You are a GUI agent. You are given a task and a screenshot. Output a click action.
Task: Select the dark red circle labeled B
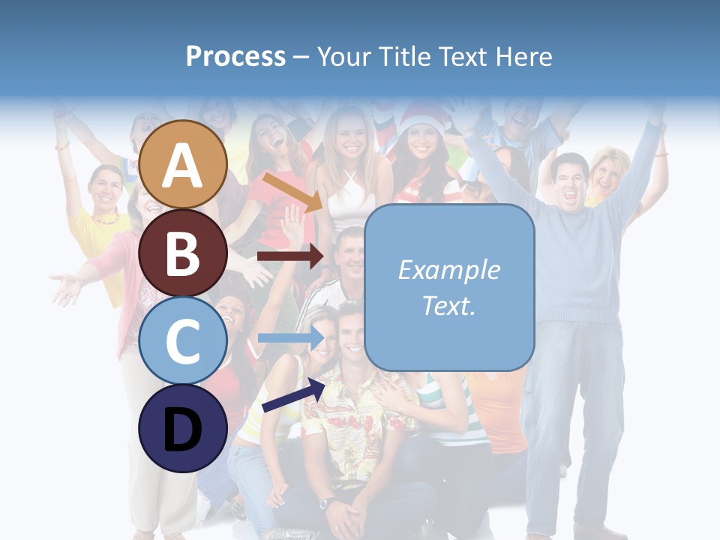[x=183, y=253]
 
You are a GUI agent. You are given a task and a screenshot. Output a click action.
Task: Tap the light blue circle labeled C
[x=183, y=341]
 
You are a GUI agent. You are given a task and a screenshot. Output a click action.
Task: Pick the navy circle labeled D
[x=183, y=429]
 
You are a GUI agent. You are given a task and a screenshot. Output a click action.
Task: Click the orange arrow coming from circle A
[x=292, y=192]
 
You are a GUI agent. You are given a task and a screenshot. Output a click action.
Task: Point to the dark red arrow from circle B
[x=289, y=256]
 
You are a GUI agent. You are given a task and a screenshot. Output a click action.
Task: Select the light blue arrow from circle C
[x=289, y=337]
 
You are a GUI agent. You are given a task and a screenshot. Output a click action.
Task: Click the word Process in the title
[x=235, y=56]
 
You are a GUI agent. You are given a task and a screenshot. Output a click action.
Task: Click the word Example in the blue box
[x=448, y=270]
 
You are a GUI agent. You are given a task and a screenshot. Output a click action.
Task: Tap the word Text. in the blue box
[x=448, y=305]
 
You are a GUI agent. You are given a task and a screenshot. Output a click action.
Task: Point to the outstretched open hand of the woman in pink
[x=66, y=288]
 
